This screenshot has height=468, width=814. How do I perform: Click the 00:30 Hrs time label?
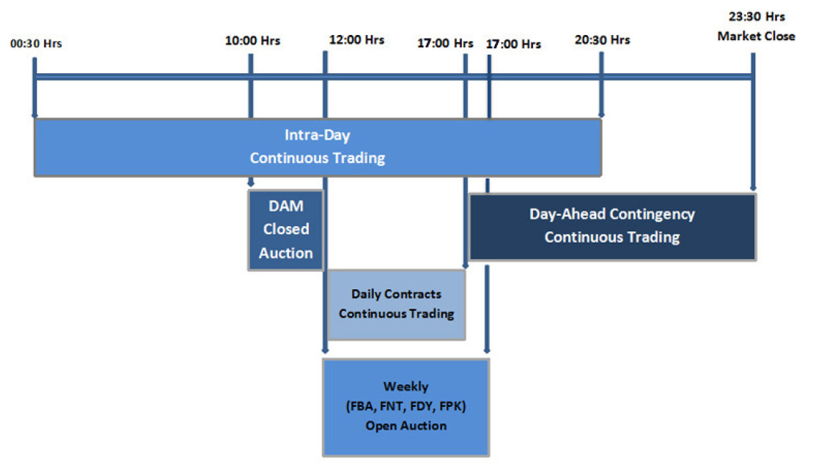tap(36, 44)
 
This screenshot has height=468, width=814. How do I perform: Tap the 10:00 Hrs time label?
tap(252, 41)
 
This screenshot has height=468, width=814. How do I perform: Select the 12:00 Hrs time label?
tap(357, 39)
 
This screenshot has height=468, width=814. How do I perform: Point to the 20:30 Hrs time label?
tap(602, 39)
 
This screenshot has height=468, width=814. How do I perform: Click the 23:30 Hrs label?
tap(756, 17)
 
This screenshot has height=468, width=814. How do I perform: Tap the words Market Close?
tap(756, 36)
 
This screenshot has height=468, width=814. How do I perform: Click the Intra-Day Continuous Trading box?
tap(317, 147)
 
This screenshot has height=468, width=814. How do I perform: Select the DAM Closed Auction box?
tap(286, 230)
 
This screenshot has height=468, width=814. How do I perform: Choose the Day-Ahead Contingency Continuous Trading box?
tap(612, 226)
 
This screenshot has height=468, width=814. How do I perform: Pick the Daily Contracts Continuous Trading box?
tap(396, 304)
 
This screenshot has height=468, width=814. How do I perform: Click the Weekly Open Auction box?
tap(406, 407)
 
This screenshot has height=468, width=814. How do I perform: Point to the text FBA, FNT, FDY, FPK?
tap(406, 406)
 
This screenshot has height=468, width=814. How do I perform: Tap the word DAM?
tap(286, 206)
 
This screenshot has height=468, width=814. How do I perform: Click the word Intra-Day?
tap(317, 136)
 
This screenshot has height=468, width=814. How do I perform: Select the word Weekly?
tap(406, 386)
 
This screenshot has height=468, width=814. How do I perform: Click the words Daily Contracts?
tap(396, 294)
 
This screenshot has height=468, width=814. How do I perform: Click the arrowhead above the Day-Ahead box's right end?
tap(753, 187)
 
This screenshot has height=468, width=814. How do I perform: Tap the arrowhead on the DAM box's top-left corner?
tap(251, 184)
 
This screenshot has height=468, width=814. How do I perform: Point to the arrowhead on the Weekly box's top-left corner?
tap(325, 350)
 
